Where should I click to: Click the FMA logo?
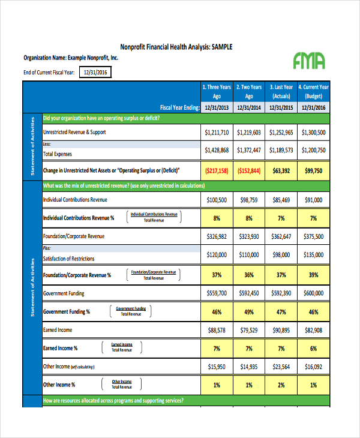[x=310, y=60]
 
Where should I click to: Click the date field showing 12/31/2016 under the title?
[x=94, y=73]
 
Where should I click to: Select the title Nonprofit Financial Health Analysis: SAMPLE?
[x=176, y=47]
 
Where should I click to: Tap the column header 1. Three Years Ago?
[x=217, y=91]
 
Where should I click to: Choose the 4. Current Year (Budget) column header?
[x=313, y=91]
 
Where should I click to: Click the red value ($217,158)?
[x=217, y=170]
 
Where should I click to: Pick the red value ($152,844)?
[x=249, y=170]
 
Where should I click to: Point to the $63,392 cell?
[x=281, y=170]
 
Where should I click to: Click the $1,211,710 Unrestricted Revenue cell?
[x=217, y=132]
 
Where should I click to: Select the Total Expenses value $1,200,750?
[x=313, y=150]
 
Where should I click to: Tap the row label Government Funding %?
[x=67, y=312]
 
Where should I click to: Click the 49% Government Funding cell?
[x=249, y=312]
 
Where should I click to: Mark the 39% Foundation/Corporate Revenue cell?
[x=313, y=275]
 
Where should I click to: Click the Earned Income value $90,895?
[x=281, y=330]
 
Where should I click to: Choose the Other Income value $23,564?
[x=281, y=366]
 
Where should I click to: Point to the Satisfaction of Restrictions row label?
[x=68, y=259]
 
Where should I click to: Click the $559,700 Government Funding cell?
[x=217, y=293]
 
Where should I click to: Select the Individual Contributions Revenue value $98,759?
[x=249, y=200]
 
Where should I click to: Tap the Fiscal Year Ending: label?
[x=180, y=108]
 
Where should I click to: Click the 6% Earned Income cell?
[x=313, y=349]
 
